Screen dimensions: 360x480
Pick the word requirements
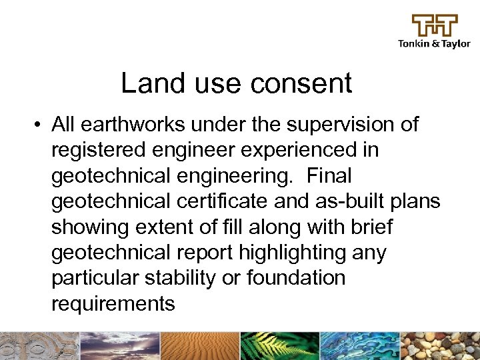[113, 303]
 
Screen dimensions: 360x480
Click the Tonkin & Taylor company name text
[434, 44]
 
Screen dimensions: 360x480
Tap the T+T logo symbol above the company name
[434, 25]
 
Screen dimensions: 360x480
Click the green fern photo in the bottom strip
[279, 346]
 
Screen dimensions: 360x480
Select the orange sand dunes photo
[199, 346]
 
